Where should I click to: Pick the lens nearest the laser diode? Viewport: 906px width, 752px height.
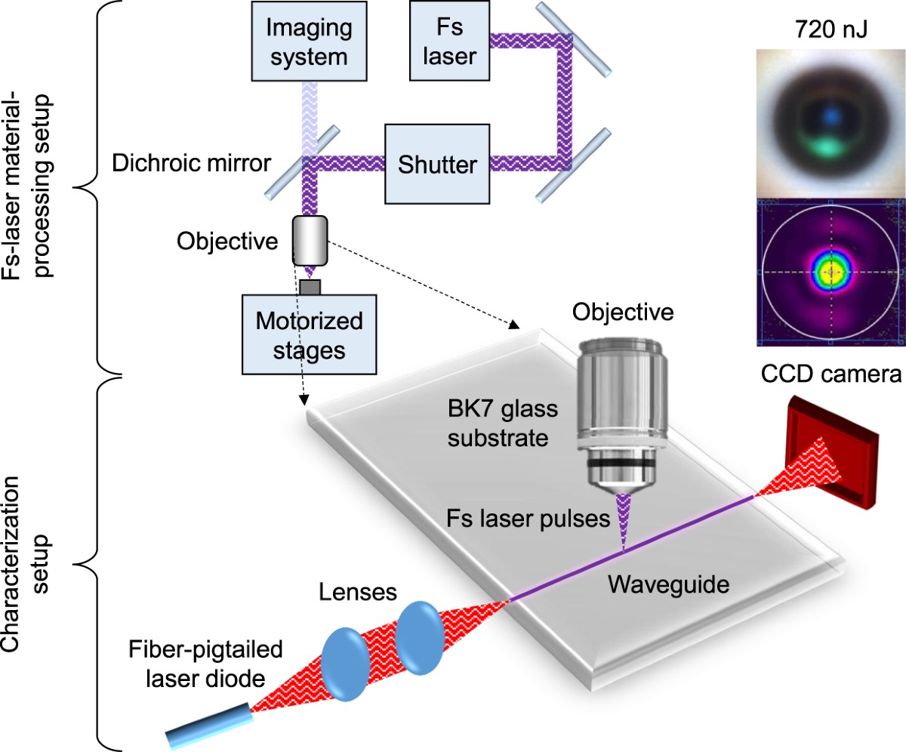(345, 655)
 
